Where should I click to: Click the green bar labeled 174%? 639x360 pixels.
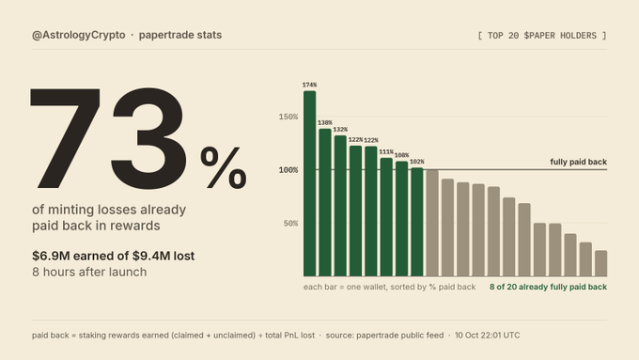coord(310,183)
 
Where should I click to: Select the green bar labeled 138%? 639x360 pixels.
coord(325,203)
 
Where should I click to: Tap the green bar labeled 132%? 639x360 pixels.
coord(340,206)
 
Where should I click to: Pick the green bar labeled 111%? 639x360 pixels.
coord(386,217)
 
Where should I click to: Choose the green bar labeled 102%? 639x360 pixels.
coord(417,222)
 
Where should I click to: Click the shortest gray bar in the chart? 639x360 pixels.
coord(600,263)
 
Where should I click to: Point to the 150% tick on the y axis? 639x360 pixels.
coord(288,117)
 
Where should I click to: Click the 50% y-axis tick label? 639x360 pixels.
coord(290,224)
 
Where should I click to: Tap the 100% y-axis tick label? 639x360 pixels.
coord(288,170)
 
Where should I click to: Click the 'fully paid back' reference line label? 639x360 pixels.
coord(578,162)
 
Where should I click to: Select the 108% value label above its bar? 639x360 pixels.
coord(401,155)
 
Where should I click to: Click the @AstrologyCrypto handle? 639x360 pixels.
coord(79,35)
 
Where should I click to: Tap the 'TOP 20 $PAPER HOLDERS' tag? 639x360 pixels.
coord(542,36)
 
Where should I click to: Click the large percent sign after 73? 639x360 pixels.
coord(224,168)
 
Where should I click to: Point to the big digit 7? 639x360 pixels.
coord(65,138)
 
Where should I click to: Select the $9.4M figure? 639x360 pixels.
coord(150,256)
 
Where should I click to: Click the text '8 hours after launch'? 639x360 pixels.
coord(89,272)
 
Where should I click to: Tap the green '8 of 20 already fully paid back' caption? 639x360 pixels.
coord(548,287)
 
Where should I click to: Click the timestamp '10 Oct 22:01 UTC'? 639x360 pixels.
coord(488,336)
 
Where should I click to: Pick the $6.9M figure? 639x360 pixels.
coord(51,256)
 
